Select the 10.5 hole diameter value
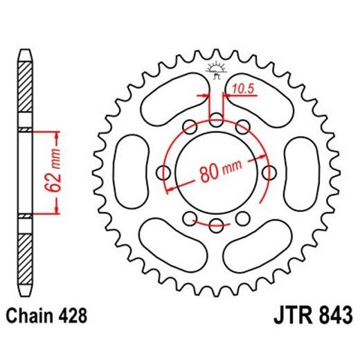(x=242, y=88)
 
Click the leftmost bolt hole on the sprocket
(x=165, y=172)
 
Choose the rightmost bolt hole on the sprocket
(x=268, y=172)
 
